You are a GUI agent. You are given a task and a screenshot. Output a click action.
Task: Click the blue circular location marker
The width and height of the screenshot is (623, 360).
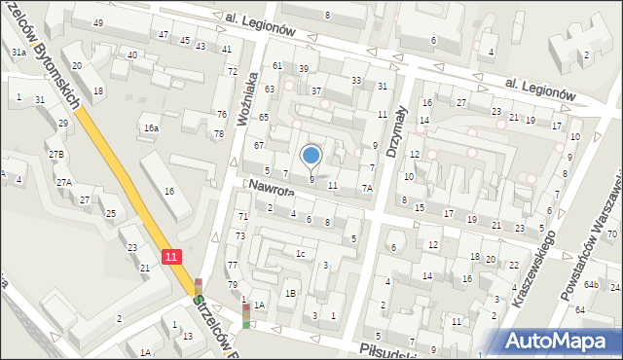pos(311,154)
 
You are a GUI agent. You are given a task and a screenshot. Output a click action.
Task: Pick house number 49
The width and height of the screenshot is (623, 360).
pos(98,22)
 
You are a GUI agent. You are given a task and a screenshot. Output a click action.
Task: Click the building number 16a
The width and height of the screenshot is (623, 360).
pos(151,128)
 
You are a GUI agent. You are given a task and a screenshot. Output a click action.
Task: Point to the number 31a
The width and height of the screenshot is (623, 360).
pos(18,53)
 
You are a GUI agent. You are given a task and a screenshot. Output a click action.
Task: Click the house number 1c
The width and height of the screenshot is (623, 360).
pos(302,255)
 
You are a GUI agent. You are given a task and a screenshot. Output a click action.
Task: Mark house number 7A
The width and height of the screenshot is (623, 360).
pos(367,189)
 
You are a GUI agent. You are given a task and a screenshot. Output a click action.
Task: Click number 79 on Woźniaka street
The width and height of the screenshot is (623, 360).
pos(232,285)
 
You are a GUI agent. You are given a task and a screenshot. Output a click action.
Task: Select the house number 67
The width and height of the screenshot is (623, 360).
pos(259,146)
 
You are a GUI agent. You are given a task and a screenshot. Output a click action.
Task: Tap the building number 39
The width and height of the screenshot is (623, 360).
pos(303,69)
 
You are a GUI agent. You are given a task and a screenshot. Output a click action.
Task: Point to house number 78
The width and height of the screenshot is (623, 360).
pos(219,133)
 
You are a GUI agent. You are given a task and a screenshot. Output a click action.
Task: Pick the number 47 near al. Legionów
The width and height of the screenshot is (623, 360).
pos(164,34)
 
